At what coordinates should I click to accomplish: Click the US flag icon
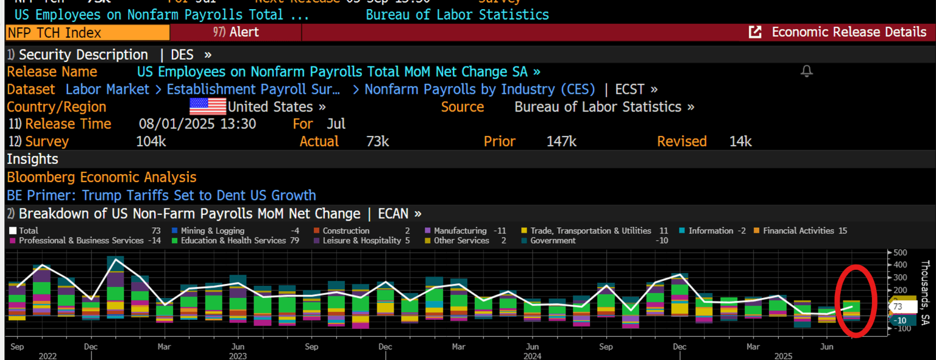point(208,107)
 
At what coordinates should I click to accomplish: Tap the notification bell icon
point(806,72)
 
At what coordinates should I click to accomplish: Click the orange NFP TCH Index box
point(88,33)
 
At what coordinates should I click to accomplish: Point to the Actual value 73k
point(378,141)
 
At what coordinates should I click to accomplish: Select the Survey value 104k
point(151,141)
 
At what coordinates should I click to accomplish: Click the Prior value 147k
point(561,141)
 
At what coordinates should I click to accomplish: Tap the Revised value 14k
point(740,141)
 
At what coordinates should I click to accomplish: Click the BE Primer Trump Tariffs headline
point(161,196)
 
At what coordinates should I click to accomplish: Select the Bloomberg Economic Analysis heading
point(102,177)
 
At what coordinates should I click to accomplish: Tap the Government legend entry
point(553,241)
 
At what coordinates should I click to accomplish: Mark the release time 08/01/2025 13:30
point(197,124)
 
